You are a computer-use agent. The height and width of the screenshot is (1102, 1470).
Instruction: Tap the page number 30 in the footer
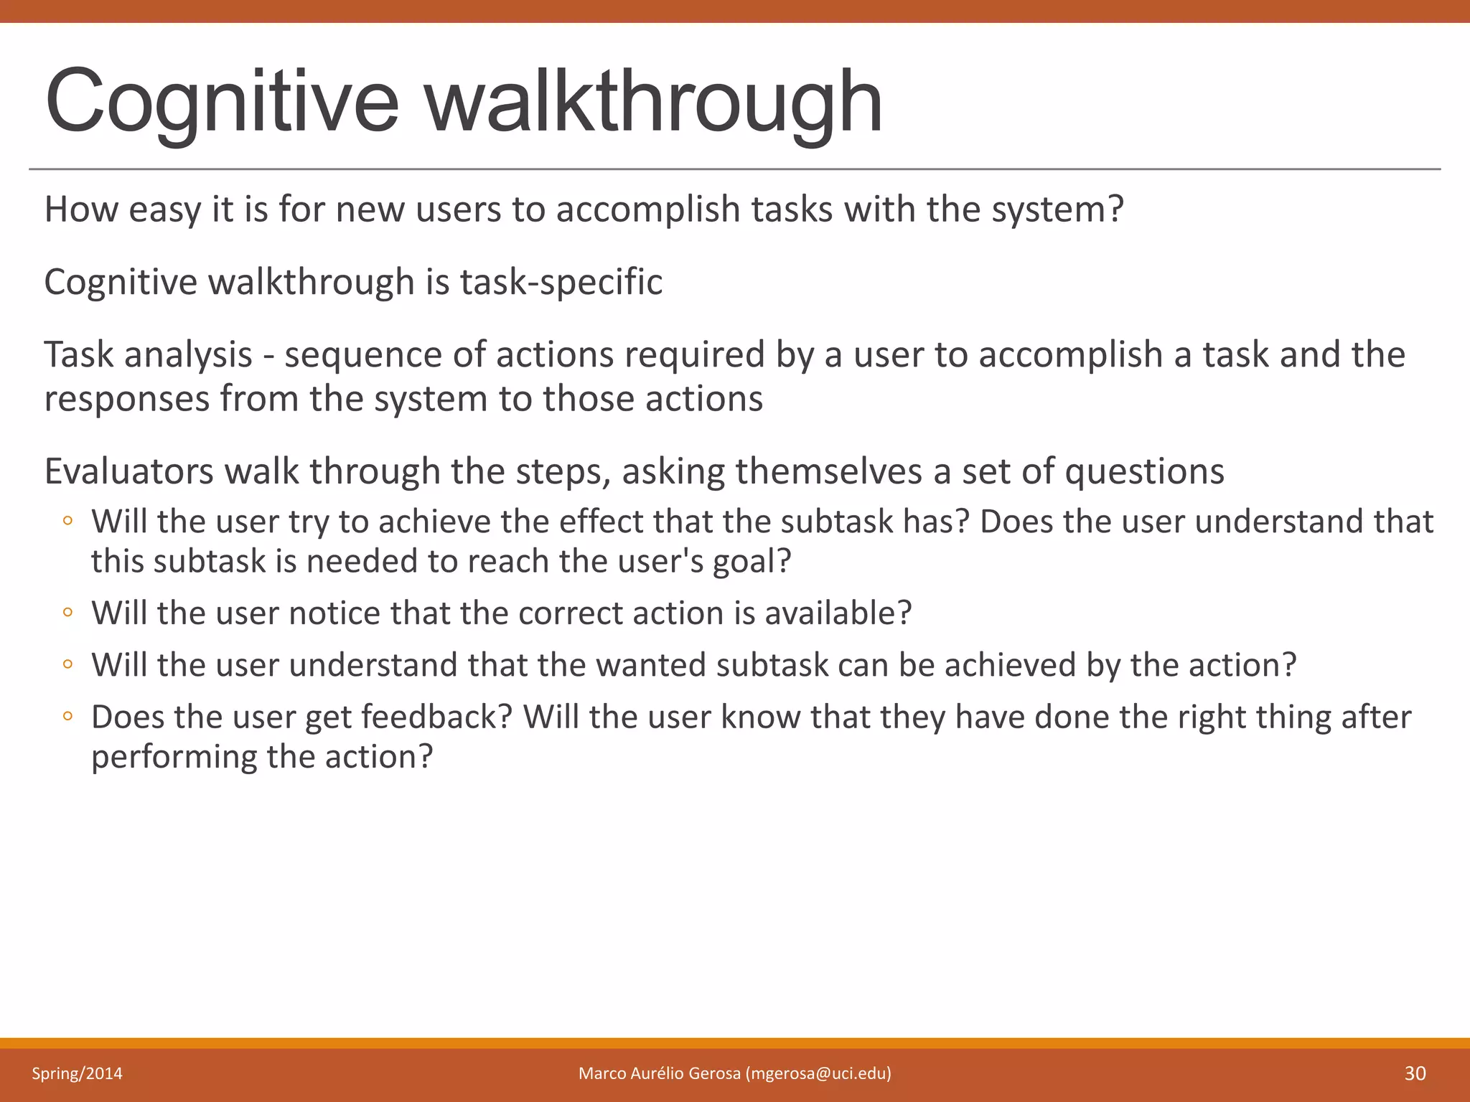[1415, 1073]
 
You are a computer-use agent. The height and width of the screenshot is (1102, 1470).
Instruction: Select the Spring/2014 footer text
[77, 1073]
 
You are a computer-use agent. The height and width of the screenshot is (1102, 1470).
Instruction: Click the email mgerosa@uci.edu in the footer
[818, 1073]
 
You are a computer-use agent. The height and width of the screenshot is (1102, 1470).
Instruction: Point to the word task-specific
[561, 281]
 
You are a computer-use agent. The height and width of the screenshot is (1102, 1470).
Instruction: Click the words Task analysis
[148, 354]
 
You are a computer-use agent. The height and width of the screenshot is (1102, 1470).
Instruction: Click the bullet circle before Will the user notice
[67, 612]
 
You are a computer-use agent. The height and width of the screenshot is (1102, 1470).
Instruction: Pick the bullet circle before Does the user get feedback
[67, 715]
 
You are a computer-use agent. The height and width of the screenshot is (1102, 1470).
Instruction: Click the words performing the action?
[262, 757]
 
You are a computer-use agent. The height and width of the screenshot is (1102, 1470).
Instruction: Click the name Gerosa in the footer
[713, 1073]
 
